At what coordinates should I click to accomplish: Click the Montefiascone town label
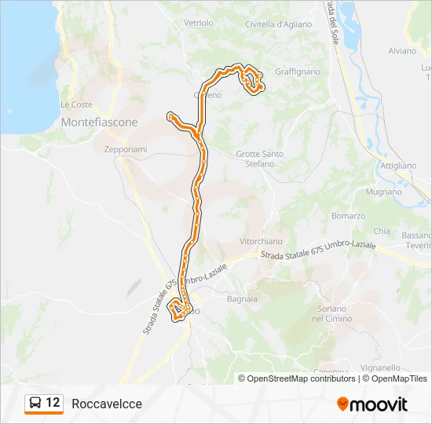pyautogui.click(x=99, y=122)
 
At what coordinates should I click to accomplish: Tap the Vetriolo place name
pyautogui.click(x=199, y=24)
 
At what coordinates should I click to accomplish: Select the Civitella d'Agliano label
pyautogui.click(x=279, y=24)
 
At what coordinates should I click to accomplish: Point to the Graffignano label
pyautogui.click(x=298, y=71)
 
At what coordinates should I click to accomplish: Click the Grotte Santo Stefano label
pyautogui.click(x=260, y=159)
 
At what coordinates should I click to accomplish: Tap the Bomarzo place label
pyautogui.click(x=349, y=215)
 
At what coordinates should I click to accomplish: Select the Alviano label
pyautogui.click(x=401, y=50)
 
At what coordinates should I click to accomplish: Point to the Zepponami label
pyautogui.click(x=126, y=149)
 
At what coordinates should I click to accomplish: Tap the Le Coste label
pyautogui.click(x=76, y=104)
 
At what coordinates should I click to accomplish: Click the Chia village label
pyautogui.click(x=382, y=232)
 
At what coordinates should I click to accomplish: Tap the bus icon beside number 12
pyautogui.click(x=35, y=404)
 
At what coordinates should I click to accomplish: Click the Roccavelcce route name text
pyautogui.click(x=107, y=404)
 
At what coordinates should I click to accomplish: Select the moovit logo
pyautogui.click(x=372, y=404)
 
